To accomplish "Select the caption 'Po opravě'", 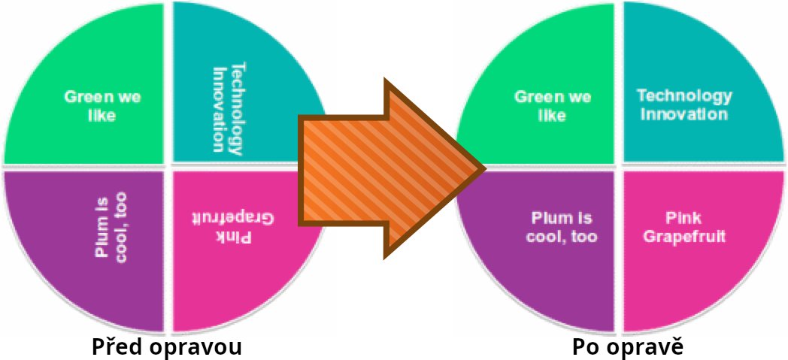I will tap(627, 347).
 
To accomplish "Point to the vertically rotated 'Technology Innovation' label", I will tap(228, 108).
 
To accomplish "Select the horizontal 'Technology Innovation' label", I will tap(683, 105).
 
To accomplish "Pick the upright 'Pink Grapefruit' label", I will tap(683, 228).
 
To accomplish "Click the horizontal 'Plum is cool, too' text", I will tap(563, 228).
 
